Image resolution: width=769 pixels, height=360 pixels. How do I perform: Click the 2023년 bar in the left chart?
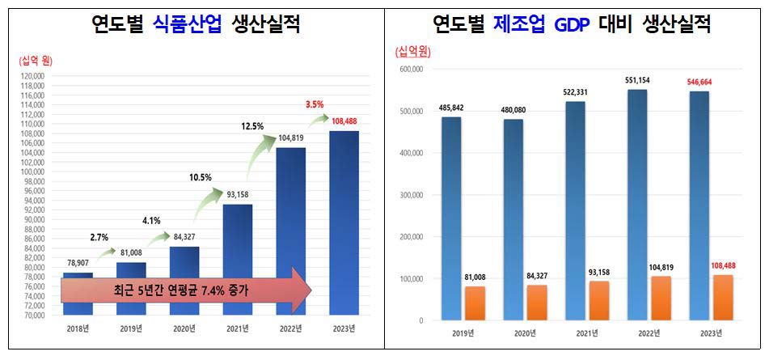pos(344,222)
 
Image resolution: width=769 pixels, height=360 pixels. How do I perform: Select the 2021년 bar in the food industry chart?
pos(238,259)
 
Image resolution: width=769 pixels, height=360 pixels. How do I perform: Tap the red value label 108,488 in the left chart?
pos(344,121)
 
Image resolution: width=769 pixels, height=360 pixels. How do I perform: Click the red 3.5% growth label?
pos(315,104)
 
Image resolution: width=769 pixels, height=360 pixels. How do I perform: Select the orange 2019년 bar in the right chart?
pos(475,303)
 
